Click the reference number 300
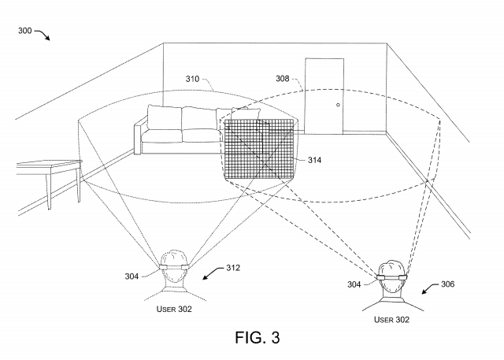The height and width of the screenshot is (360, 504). pos(24,31)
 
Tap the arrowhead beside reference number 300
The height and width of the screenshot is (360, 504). pos(47,38)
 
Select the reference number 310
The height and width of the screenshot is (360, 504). pos(192,79)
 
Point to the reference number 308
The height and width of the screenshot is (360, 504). pos(283,79)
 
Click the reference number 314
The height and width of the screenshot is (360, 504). pos(314,160)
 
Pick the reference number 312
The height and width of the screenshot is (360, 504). pos(233,268)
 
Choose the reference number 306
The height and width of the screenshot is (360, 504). pos(447,284)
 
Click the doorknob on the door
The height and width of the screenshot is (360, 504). pos(338,105)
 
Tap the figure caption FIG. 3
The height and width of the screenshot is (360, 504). pos(258,337)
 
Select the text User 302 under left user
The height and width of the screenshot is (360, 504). pos(174,310)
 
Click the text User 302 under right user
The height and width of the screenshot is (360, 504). pos(391,320)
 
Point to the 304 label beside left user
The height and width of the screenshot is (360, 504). pos(132,276)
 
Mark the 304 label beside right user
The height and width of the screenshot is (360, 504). pos(354,284)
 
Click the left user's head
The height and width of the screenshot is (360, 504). pos(174,269)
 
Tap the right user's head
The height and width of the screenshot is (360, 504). pos(391,278)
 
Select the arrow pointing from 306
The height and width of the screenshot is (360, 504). pos(430,288)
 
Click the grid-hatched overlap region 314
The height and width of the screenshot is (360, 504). pos(258,150)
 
